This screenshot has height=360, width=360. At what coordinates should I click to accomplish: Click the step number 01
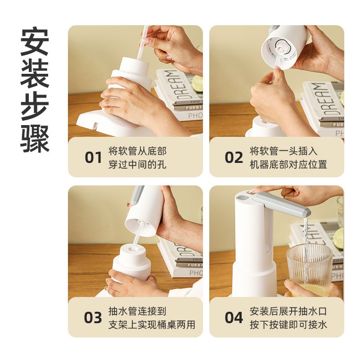pyautogui.click(x=93, y=157)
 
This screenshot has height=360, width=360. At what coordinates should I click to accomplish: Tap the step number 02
pyautogui.click(x=234, y=157)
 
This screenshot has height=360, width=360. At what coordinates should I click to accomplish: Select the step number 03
pyautogui.click(x=93, y=317)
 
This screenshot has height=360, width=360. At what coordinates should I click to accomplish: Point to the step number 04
pyautogui.click(x=234, y=317)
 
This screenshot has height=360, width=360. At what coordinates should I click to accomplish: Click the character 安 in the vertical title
pyautogui.click(x=35, y=43)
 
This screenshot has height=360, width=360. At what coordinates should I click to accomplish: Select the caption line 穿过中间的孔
pyautogui.click(x=137, y=164)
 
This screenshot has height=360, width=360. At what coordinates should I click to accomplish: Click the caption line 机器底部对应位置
pyautogui.click(x=288, y=164)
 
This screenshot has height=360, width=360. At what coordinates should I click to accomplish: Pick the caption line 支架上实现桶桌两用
pyautogui.click(x=152, y=324)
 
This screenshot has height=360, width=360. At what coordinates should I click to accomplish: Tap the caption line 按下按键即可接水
pyautogui.click(x=288, y=324)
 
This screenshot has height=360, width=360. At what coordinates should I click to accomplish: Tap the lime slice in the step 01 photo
pyautogui.click(x=197, y=84)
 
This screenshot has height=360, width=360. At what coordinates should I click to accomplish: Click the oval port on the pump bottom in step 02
pyautogui.click(x=280, y=45)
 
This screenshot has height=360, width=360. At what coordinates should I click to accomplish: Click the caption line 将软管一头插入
pyautogui.click(x=283, y=151)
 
